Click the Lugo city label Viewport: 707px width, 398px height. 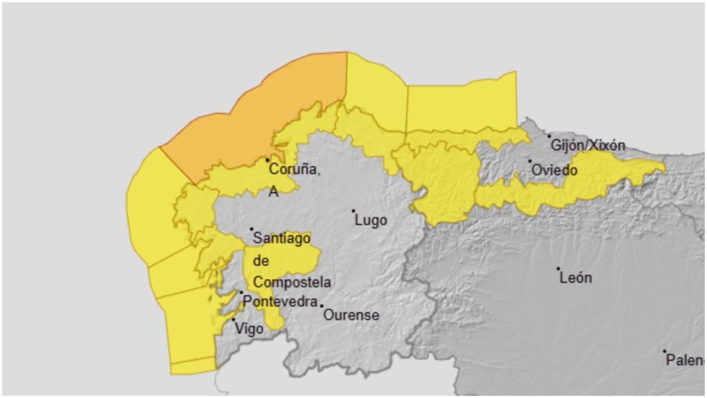(370, 221)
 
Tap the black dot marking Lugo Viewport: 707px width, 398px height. (353, 211)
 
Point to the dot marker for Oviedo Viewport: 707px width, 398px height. (530, 161)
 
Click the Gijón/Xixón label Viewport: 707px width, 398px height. (588, 146)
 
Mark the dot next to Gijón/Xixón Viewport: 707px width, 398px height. (550, 136)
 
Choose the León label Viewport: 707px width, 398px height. (576, 278)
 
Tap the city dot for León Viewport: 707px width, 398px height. (559, 269)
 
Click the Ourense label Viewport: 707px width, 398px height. (352, 315)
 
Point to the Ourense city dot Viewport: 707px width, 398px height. (322, 305)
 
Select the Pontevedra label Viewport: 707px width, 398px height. (280, 302)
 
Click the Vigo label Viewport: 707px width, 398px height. (249, 329)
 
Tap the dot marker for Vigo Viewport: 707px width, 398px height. (233, 320)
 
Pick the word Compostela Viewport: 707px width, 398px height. (291, 283)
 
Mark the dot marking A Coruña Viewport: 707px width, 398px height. (268, 160)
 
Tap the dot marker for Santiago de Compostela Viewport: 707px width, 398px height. (251, 229)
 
